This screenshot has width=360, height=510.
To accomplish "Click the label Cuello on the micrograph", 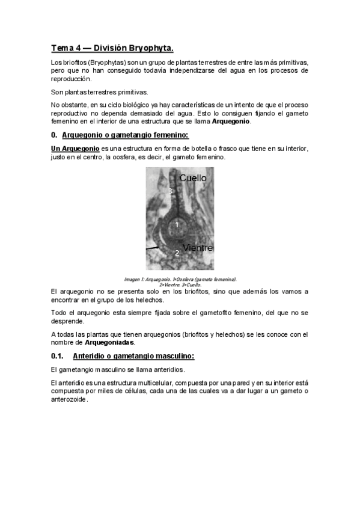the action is tap(193, 178).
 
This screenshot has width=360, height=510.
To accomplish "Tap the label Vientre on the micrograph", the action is tap(198, 247).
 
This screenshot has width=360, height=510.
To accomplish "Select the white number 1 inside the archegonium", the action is tap(177, 225).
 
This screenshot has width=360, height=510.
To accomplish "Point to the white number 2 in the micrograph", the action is tap(177, 253).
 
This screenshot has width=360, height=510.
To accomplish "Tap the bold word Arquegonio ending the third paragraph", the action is tap(231, 121).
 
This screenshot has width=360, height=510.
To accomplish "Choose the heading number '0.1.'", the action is tap(59, 356).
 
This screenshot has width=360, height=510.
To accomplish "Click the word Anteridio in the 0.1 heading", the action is tap(97, 356).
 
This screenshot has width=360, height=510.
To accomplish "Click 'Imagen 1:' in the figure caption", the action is tap(135, 279).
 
